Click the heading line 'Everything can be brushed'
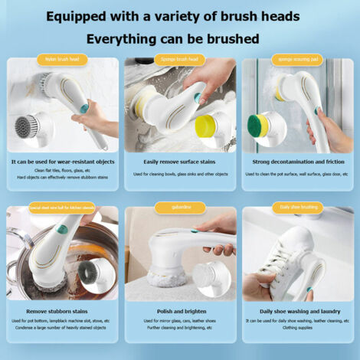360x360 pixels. click(x=172, y=38)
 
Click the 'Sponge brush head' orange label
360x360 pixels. click(x=179, y=59)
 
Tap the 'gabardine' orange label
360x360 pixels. click(x=179, y=207)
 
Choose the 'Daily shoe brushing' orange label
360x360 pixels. click(x=296, y=207)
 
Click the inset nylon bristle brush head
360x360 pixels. click(x=28, y=126)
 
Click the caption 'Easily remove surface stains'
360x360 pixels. click(x=179, y=162)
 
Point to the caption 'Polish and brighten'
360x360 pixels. click(x=179, y=311)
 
